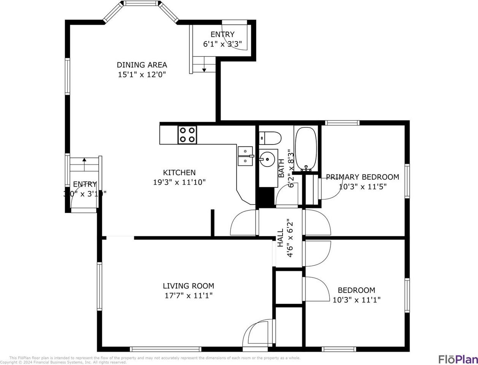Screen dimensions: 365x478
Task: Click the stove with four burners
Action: [187, 135]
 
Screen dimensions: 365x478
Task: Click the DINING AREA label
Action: [141, 65]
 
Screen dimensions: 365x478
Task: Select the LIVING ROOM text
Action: [188, 286]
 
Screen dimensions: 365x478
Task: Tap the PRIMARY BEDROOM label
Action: [362, 177]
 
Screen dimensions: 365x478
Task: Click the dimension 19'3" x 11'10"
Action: [179, 182]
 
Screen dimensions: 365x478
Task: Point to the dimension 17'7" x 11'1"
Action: [188, 295]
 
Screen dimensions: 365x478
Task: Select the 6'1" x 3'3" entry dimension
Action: [222, 44]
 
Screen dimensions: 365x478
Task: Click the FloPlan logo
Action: [457, 359]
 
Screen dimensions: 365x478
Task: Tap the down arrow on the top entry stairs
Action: [204, 69]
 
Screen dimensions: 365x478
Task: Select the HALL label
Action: [280, 238]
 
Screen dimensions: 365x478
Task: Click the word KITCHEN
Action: [179, 173]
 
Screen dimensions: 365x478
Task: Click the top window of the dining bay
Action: [141, 3]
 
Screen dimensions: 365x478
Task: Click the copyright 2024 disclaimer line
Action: [63, 362]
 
